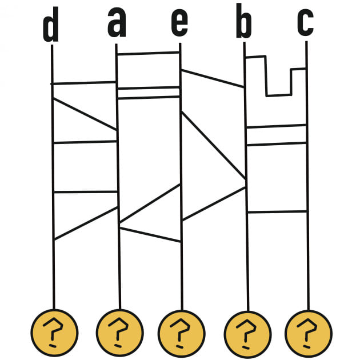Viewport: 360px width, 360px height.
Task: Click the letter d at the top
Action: click(51, 27)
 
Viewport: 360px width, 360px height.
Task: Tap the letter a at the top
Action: click(117, 23)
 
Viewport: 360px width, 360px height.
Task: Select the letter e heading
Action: click(179, 23)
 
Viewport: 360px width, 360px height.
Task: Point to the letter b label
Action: click(244, 24)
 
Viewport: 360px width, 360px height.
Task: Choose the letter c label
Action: click(305, 23)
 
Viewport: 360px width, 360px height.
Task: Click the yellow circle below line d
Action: click(54, 332)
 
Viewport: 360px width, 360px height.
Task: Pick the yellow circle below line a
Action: click(120, 332)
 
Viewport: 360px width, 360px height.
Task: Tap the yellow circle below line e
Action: click(182, 332)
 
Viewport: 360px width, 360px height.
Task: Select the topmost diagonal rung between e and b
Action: click(213, 78)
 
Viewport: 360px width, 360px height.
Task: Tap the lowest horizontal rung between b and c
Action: click(278, 212)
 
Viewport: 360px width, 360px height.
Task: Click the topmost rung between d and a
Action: click(84, 83)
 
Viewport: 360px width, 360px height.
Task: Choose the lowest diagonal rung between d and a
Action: click(86, 223)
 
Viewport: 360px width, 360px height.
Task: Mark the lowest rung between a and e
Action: click(151, 235)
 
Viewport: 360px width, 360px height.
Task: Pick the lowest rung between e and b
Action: click(214, 203)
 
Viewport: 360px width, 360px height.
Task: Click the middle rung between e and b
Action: click(214, 146)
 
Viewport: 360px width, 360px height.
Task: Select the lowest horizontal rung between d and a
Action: click(85, 192)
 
